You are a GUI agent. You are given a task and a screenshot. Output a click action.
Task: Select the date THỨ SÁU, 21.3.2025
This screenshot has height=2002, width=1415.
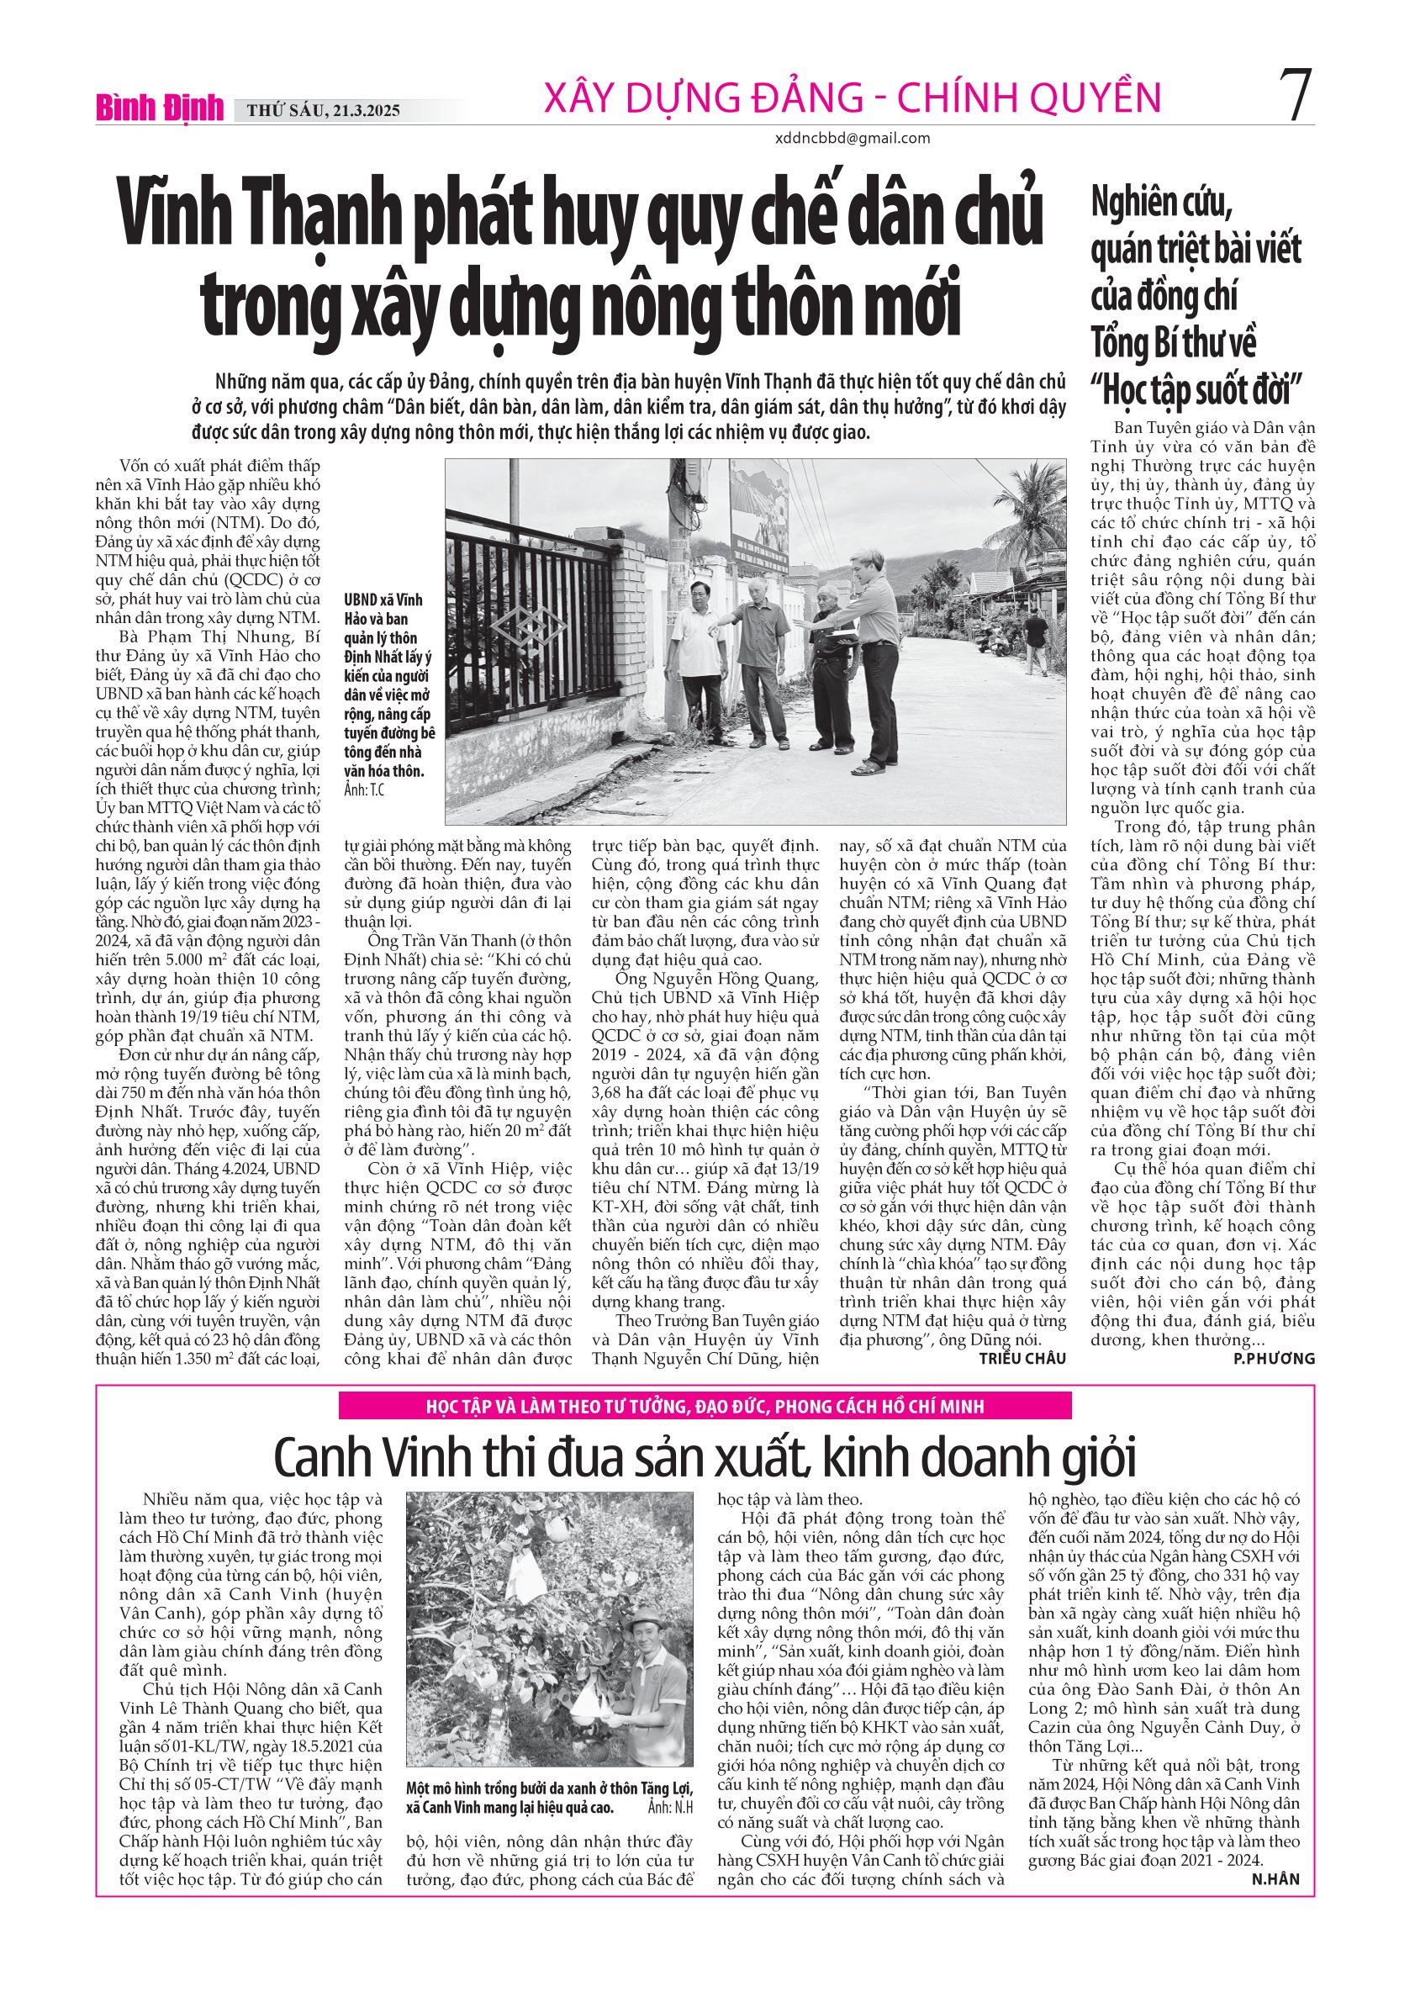(x=324, y=111)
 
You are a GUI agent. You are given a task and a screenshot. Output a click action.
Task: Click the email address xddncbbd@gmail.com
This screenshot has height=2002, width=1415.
(x=852, y=138)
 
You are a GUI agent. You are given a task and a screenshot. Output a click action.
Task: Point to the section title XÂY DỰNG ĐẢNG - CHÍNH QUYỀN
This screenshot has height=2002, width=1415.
(x=852, y=98)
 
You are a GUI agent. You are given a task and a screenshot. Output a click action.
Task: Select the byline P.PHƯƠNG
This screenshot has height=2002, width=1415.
(x=1274, y=1359)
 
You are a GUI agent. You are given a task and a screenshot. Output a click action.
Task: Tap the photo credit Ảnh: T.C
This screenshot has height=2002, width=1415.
(x=363, y=790)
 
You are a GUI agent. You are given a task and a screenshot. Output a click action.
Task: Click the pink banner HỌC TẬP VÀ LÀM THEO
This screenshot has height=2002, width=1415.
(x=705, y=1407)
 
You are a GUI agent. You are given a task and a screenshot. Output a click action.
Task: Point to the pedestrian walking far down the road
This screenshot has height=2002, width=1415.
(x=1035, y=641)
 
